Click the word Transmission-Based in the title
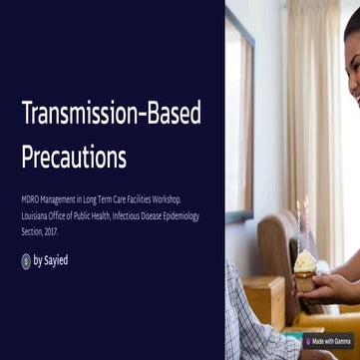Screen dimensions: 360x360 [111, 115]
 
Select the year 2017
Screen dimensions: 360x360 [50, 231]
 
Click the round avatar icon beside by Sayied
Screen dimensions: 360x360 [26, 261]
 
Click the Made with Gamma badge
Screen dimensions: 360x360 [332, 342]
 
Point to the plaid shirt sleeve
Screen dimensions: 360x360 [249, 319]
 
